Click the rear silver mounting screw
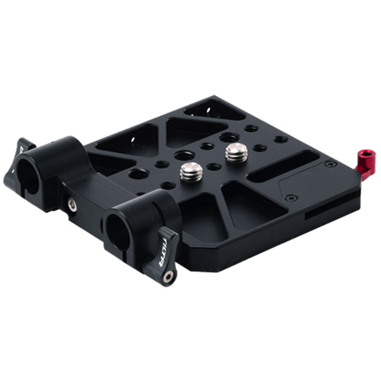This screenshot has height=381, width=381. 236,152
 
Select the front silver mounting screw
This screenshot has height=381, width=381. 191,171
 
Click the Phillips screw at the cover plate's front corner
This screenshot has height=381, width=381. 291,198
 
